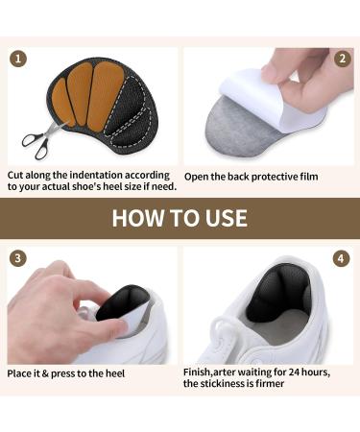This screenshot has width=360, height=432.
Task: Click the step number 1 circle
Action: click(x=16, y=59)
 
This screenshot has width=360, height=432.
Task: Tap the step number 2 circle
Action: click(x=343, y=59)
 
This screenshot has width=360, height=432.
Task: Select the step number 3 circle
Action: click(x=16, y=259)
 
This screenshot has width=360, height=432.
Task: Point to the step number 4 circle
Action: click(x=342, y=259)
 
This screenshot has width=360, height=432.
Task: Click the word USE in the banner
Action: click(x=223, y=217)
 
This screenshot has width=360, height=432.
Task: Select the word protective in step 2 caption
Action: click(x=267, y=176)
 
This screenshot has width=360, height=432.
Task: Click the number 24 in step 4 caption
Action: click(x=298, y=372)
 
